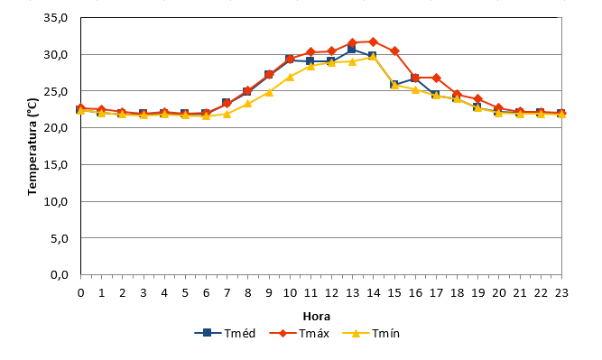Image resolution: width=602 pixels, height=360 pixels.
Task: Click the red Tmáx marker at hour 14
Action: coord(373,42)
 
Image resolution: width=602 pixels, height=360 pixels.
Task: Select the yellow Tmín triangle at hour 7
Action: coord(227,114)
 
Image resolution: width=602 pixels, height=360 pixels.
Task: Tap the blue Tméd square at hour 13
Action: coord(352,49)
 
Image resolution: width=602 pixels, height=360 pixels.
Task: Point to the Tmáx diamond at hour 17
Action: coord(436,78)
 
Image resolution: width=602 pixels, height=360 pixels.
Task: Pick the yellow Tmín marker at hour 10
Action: coord(290,77)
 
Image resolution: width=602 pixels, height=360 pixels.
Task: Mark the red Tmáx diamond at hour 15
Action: coord(394,51)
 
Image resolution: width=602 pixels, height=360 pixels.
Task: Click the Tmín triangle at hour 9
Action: coord(269,92)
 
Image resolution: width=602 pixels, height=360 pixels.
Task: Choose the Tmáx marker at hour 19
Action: coord(478,99)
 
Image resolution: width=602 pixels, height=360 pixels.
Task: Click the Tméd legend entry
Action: coord(225,333)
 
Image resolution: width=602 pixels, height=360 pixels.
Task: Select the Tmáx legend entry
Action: coord(300,333)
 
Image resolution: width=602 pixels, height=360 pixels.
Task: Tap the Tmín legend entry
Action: coord(371,333)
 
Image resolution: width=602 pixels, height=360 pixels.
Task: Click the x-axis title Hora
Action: coord(317,317)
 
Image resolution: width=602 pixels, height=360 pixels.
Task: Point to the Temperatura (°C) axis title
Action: coord(32,146)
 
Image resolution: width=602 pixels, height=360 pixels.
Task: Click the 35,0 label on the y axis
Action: coord(56,18)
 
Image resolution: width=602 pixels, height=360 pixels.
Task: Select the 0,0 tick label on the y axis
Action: coord(60,275)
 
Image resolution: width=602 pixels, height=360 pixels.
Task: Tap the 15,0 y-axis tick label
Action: coord(56,164)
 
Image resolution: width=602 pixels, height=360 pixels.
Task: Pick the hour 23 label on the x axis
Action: coord(561,293)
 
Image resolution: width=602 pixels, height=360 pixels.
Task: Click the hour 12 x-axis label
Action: coord(332,293)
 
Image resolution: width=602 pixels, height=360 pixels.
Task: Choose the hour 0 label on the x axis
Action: coord(80,293)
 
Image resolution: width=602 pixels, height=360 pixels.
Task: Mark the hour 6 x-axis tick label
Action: coord(206,293)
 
